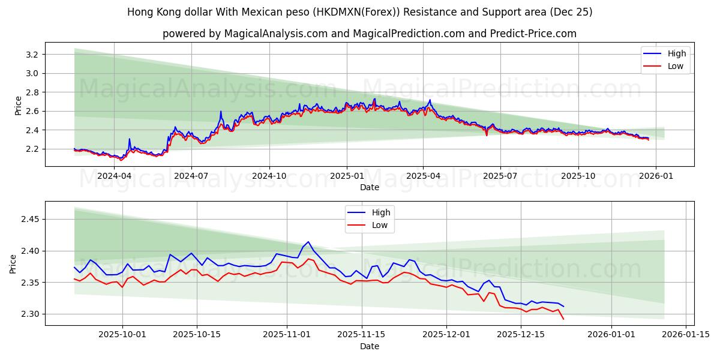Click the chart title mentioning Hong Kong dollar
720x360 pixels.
tap(360, 12)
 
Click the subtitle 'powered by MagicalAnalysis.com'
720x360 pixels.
tap(369, 34)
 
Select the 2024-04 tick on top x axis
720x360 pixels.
tap(114, 176)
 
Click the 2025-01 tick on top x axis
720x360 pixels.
tap(346, 176)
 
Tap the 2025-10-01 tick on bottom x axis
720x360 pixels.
tap(122, 335)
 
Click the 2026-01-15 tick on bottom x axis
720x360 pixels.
tap(685, 335)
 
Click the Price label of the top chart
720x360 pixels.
tap(18, 105)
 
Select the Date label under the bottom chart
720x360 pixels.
tap(369, 346)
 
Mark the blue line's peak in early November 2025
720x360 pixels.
tap(308, 242)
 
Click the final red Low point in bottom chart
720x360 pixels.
tap(563, 319)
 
